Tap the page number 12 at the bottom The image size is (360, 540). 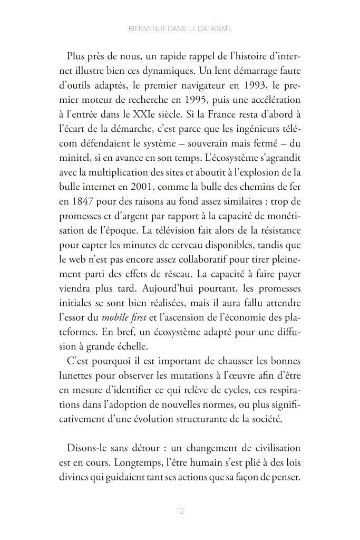click(180, 510)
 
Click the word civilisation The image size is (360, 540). click(277, 449)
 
